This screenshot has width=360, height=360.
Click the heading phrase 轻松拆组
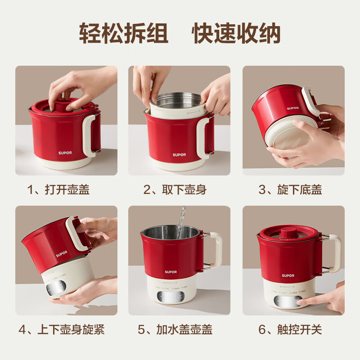click(x=124, y=33)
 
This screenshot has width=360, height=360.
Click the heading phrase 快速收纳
click(x=237, y=33)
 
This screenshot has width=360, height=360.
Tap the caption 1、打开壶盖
click(x=58, y=189)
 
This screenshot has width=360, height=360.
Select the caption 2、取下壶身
click(x=175, y=189)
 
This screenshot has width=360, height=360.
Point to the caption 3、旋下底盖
click(x=290, y=189)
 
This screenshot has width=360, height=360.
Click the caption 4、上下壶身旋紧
click(x=62, y=329)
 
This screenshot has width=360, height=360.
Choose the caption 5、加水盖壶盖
click(x=175, y=329)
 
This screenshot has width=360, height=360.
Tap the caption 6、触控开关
click(x=290, y=329)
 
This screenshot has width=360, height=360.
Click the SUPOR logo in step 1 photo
click(x=65, y=153)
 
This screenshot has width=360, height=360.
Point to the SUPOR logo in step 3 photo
click(x=293, y=108)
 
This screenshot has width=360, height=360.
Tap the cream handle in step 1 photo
click(x=91, y=135)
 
